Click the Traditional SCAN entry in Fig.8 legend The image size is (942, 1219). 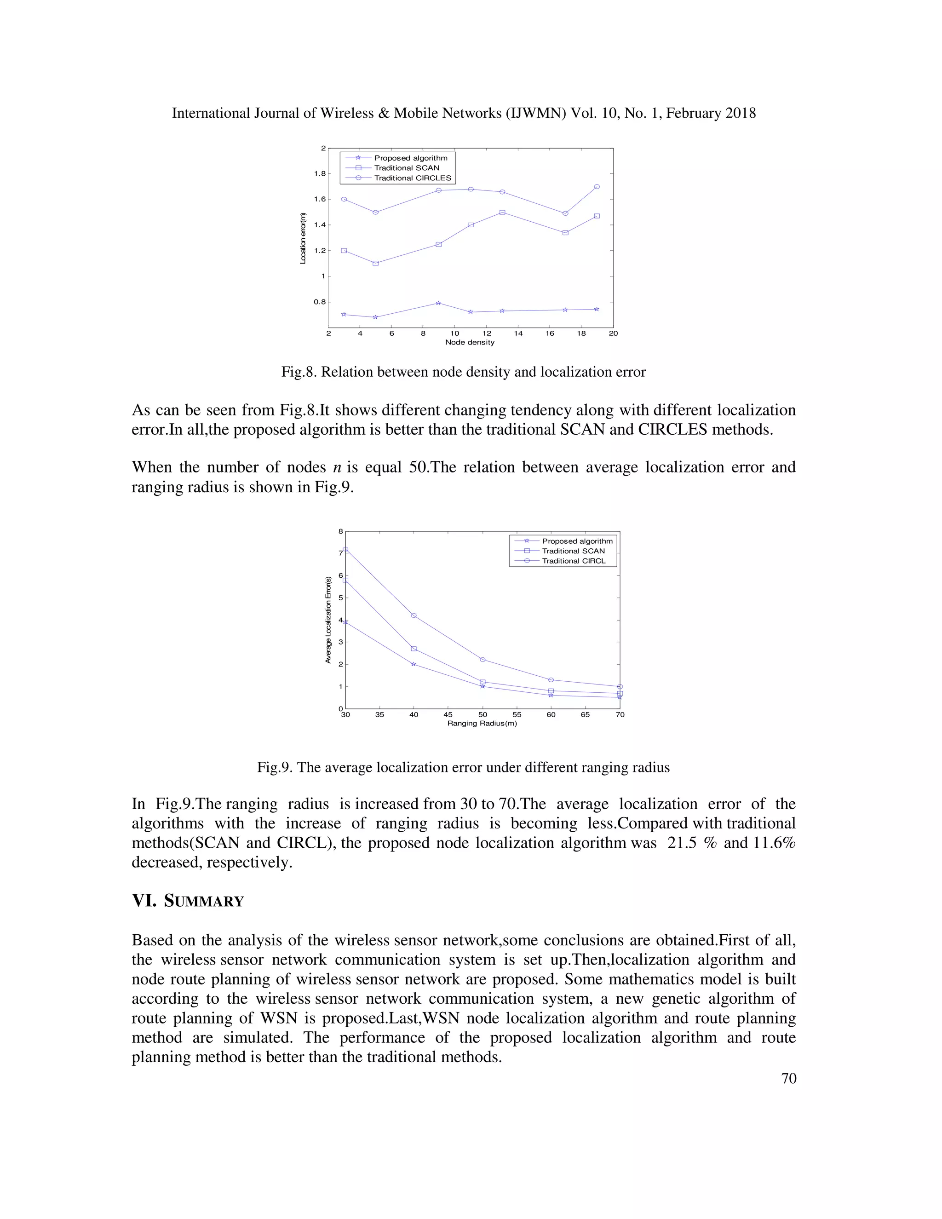pyautogui.click(x=406, y=168)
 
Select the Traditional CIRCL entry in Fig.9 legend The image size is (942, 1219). pyautogui.click(x=573, y=561)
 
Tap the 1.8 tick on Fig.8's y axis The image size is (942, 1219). pyautogui.click(x=319, y=173)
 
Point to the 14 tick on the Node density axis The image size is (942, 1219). pyautogui.click(x=518, y=333)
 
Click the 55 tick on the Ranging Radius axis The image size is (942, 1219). pyautogui.click(x=517, y=714)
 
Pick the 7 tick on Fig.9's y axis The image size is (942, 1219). pyautogui.click(x=340, y=553)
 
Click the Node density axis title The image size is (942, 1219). pyautogui.click(x=470, y=342)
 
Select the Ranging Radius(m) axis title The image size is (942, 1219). pyautogui.click(x=482, y=724)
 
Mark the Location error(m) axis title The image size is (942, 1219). pyautogui.click(x=303, y=238)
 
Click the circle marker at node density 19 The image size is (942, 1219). pyautogui.click(x=597, y=187)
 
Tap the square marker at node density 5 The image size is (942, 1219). pyautogui.click(x=376, y=263)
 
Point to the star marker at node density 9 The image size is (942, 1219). pyautogui.click(x=439, y=303)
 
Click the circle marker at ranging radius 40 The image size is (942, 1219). pyautogui.click(x=414, y=615)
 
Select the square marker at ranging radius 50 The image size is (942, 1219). pyautogui.click(x=482, y=682)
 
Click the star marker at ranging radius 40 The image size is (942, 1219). pyautogui.click(x=414, y=664)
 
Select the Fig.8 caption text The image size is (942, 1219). pyautogui.click(x=463, y=372)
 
